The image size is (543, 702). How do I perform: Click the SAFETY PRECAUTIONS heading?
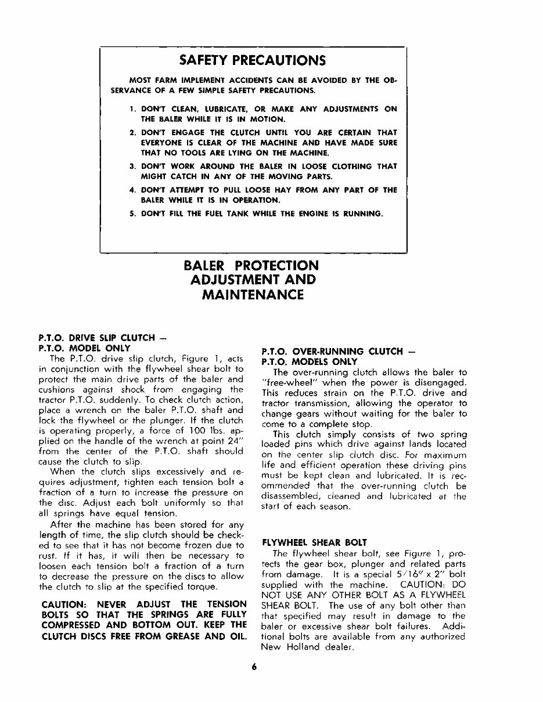[x=253, y=61]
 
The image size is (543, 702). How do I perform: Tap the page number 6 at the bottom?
[x=254, y=683]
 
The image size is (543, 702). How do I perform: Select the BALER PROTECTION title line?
[x=251, y=266]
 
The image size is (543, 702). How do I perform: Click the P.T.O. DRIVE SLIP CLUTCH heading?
[x=96, y=338]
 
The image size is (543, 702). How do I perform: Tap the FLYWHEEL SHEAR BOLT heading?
[x=314, y=542]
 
